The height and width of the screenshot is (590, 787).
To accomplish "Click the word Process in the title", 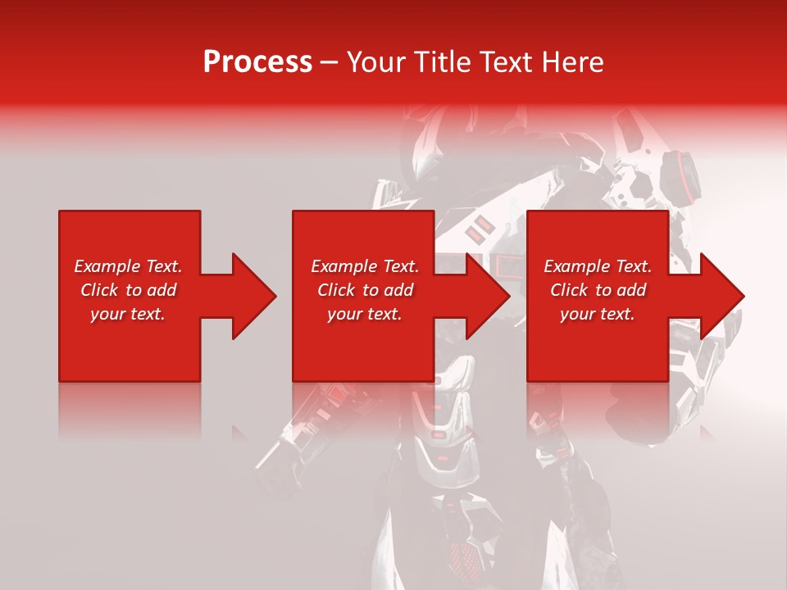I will coord(257,62).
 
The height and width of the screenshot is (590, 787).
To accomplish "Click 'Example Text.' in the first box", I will coord(128,266).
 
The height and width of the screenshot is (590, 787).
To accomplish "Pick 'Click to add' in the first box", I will coord(128,290).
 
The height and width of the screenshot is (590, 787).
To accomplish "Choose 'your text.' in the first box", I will coord(128,314).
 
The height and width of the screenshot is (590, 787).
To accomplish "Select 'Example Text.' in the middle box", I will coord(365,266).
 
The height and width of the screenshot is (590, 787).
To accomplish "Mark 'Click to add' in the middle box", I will coord(365,290).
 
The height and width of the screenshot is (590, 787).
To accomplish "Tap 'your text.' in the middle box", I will coord(365,314).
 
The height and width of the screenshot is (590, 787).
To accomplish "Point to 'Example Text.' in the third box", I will coord(598,266).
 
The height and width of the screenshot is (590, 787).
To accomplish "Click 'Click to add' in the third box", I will coord(598,290).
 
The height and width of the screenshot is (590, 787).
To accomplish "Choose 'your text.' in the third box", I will coord(598,314).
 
